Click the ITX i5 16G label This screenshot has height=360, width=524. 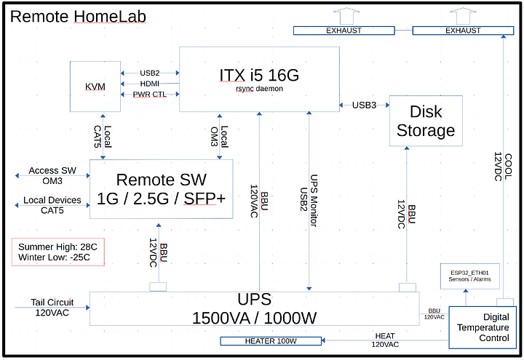tap(260, 74)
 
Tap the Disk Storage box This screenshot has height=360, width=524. tap(426, 121)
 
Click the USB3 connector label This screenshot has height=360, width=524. tap(365, 105)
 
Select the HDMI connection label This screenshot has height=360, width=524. tap(150, 84)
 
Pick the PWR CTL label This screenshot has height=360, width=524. tap(150, 95)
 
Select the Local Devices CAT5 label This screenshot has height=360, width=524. tap(53, 205)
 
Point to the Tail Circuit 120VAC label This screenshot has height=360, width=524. tap(52, 308)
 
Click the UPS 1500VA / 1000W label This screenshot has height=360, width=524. tap(254, 308)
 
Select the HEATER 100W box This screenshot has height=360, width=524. tap(271, 341)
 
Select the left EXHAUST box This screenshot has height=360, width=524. tap(344, 31)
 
